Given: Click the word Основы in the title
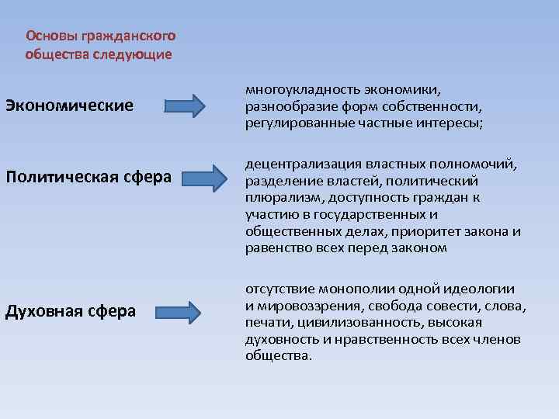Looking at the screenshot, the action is coord(47,36).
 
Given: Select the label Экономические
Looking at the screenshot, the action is coord(69,104).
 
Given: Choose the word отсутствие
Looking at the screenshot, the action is coord(280,289).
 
